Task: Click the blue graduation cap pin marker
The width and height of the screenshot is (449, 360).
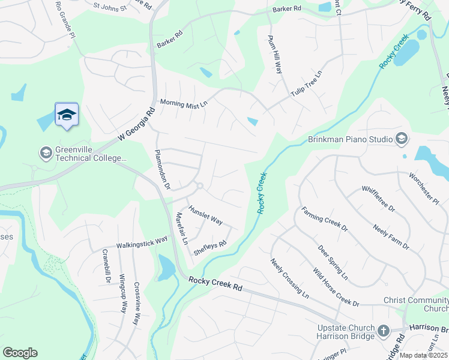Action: pyautogui.click(x=67, y=115)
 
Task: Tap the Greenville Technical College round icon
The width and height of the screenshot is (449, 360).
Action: pyautogui.click(x=46, y=153)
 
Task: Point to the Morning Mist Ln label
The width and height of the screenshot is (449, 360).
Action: pyautogui.click(x=183, y=103)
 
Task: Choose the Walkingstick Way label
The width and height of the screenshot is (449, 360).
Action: pyautogui.click(x=142, y=242)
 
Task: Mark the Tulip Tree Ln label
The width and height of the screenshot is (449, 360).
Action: pyautogui.click(x=307, y=84)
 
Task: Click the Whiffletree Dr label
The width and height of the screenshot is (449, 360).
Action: pyautogui.click(x=378, y=199)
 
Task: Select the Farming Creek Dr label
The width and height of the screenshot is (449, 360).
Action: pyautogui.click(x=325, y=219)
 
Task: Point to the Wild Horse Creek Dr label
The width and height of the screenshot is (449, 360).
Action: pyautogui.click(x=336, y=287)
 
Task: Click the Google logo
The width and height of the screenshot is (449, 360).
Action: pyautogui.click(x=20, y=353)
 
